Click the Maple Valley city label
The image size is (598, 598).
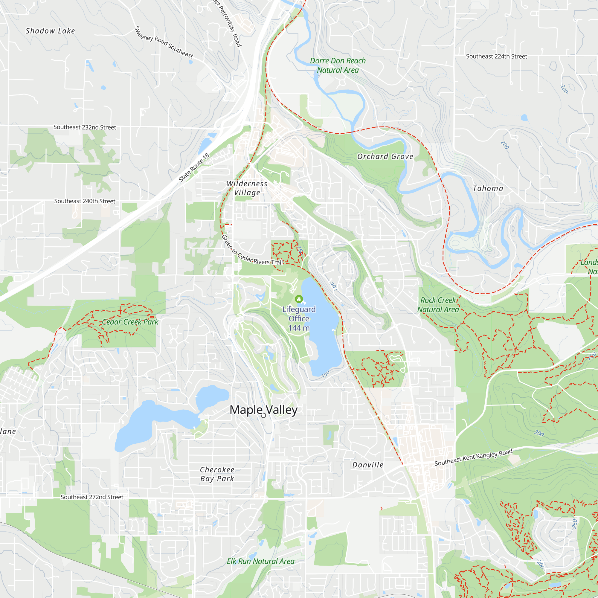coord(263,410)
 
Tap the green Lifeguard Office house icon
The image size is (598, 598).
coord(299,299)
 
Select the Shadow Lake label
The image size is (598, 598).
coord(50,31)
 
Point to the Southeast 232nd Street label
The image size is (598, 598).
coord(85,127)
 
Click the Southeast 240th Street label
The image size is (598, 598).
coord(85,201)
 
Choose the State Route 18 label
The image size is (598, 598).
coord(194,167)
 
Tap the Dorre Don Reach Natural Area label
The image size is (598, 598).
coord(338,65)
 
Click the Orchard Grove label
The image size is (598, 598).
coord(385,157)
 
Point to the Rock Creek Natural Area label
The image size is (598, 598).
coord(438,305)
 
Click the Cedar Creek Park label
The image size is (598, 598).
coord(130,322)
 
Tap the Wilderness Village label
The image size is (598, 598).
coord(247,188)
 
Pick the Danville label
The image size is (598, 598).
coord(368,465)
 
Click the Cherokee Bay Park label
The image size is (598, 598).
coord(217,474)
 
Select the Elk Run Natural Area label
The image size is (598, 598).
coord(261,561)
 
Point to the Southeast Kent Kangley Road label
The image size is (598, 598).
coord(473,457)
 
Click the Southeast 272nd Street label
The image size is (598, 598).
coord(92,497)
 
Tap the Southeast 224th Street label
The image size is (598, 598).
coord(496,56)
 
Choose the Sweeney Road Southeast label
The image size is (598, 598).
coord(164,43)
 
